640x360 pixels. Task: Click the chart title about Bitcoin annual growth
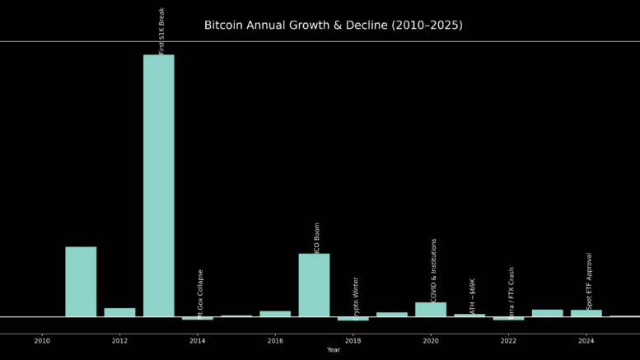tap(333, 26)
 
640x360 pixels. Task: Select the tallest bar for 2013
tap(159, 185)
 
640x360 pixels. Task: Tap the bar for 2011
tap(81, 282)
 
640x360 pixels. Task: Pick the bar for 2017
tap(314, 285)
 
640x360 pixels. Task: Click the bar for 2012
tap(119, 312)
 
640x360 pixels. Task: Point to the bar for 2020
tap(431, 310)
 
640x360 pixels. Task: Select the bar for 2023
tap(548, 313)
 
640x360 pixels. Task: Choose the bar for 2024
tap(586, 313)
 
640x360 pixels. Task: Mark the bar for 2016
tap(275, 314)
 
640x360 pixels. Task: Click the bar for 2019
tap(392, 314)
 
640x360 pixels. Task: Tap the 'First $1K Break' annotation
tap(162, 31)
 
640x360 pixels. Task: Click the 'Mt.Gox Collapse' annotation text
tap(200, 293)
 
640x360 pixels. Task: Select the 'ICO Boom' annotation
tap(317, 237)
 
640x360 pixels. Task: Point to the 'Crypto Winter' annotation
tap(356, 297)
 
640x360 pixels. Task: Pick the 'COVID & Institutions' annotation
tap(434, 270)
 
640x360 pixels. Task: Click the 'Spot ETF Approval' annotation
tap(590, 280)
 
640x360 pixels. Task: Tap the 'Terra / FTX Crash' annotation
tap(512, 292)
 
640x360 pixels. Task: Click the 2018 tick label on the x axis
tap(353, 341)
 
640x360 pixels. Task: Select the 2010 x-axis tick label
tap(42, 341)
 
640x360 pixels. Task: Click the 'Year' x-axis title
tap(333, 350)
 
